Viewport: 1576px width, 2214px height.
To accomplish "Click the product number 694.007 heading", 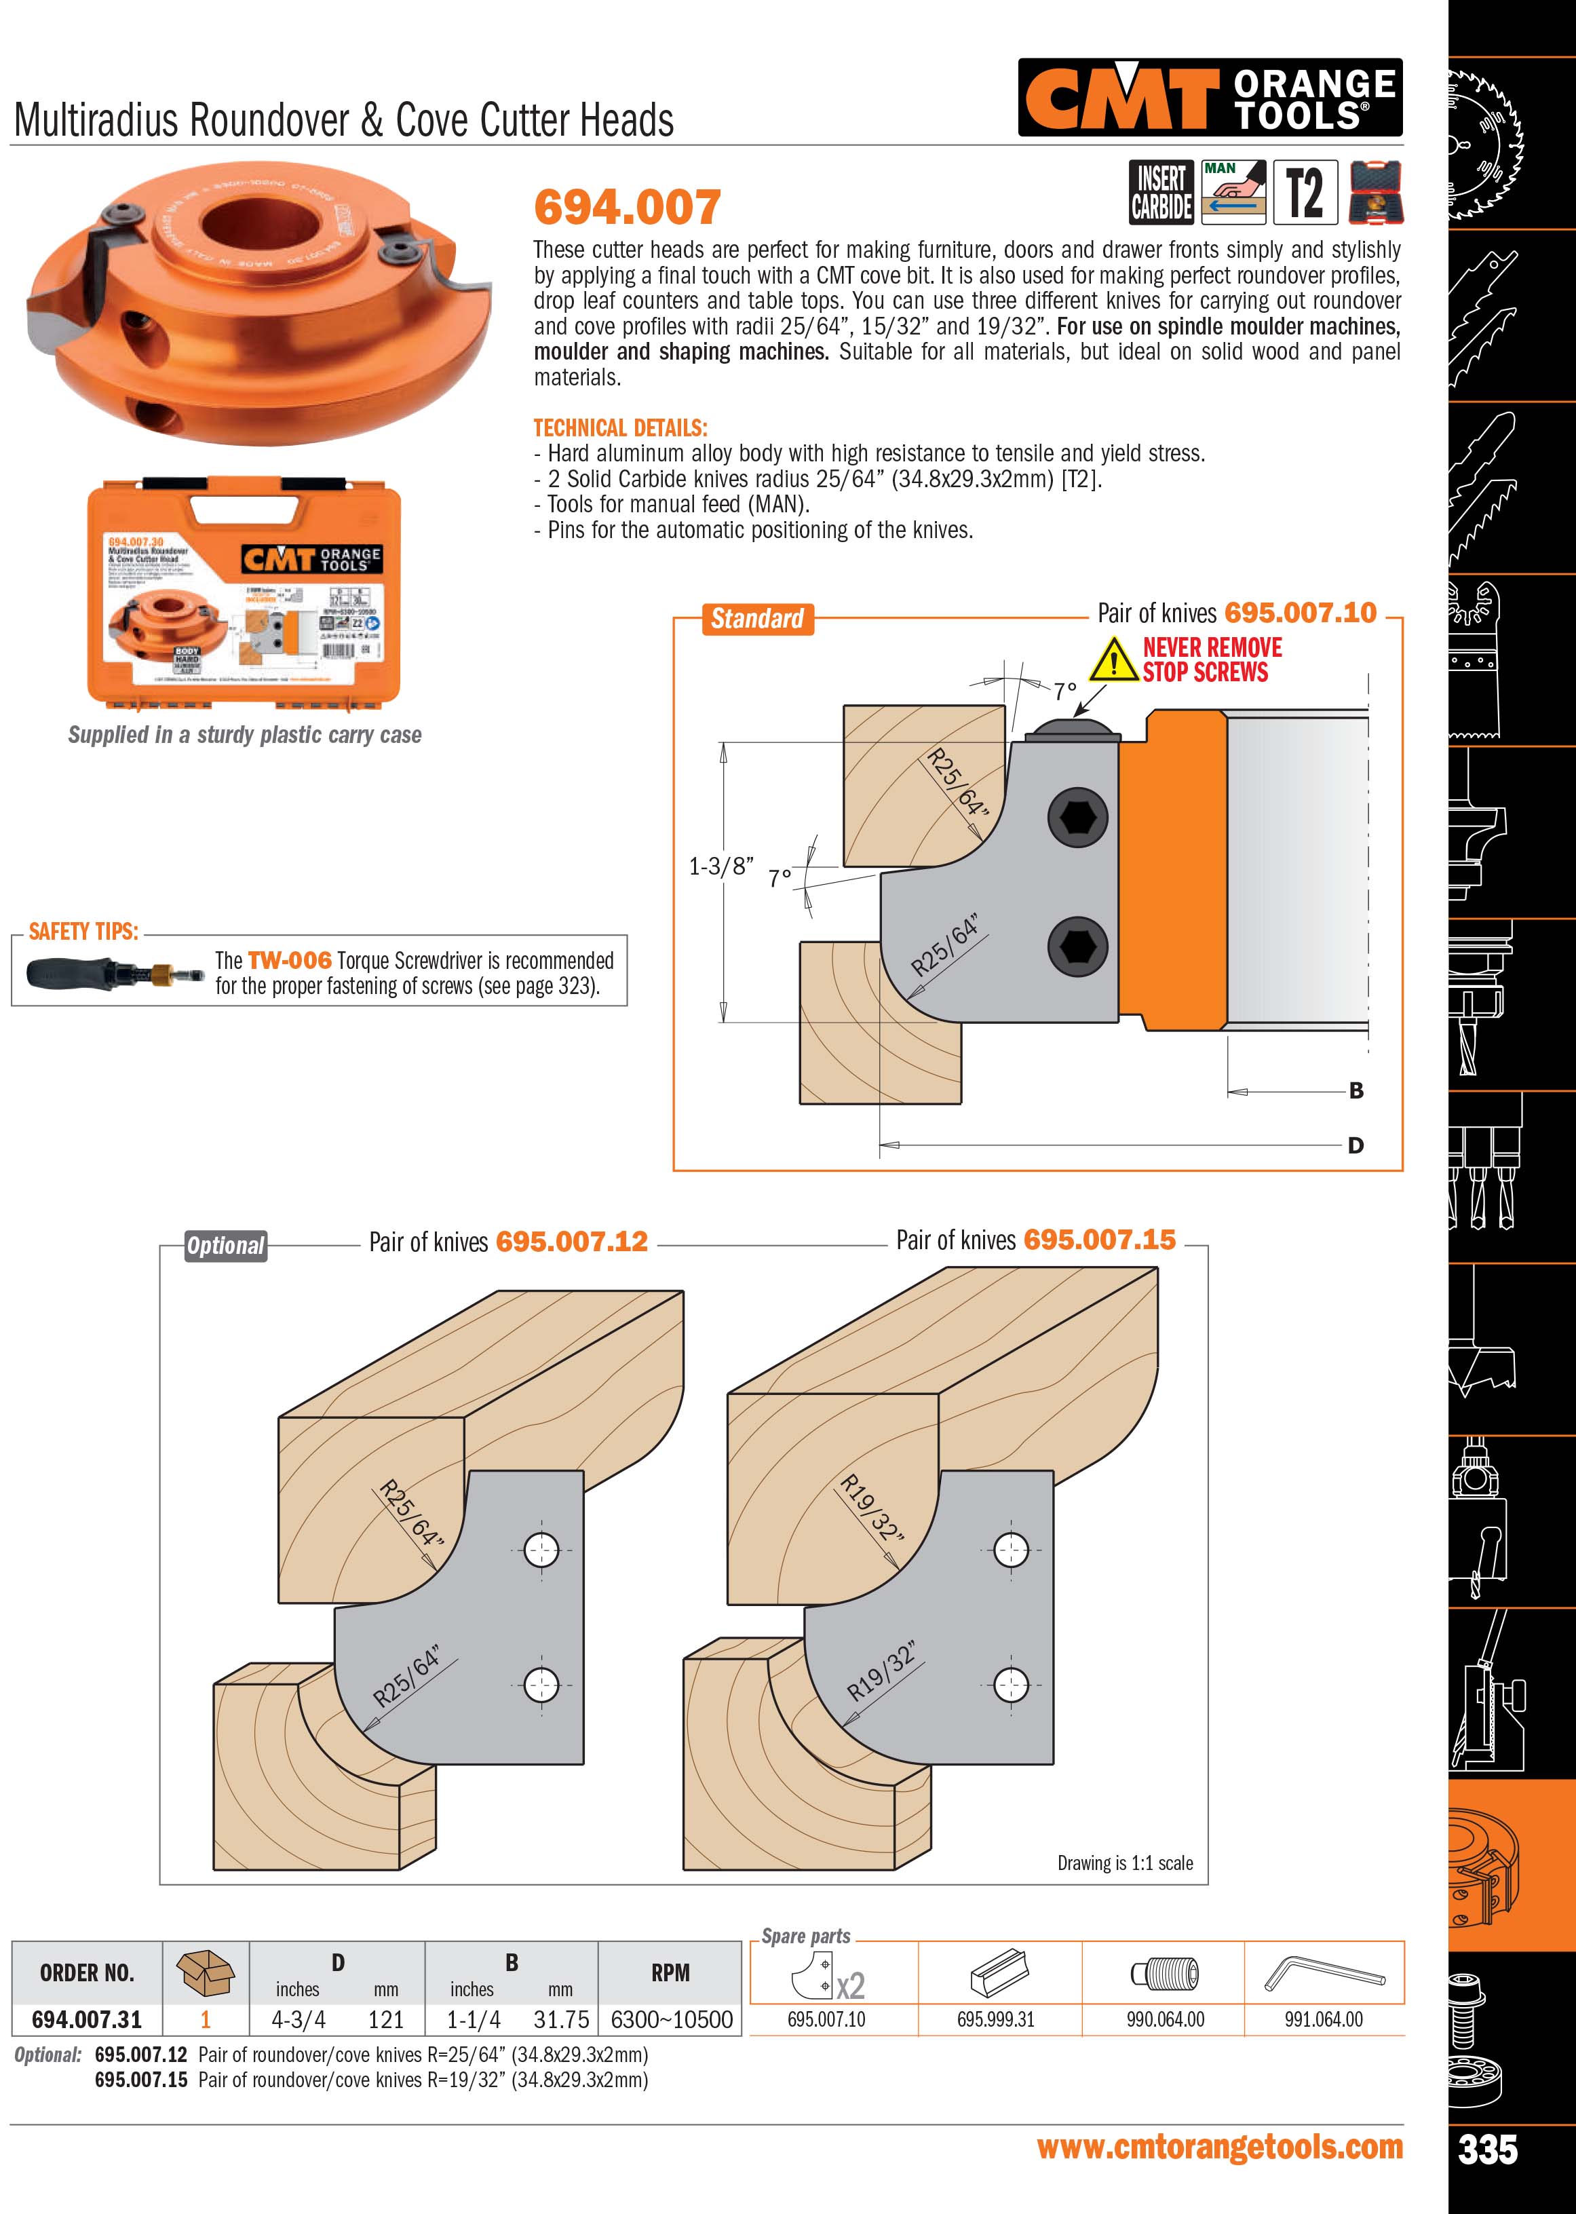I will click(627, 207).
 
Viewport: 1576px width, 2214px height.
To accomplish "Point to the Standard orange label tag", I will click(757, 618).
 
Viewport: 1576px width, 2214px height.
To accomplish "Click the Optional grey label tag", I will click(225, 1245).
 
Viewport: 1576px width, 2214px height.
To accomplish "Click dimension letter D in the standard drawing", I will click(1356, 1145).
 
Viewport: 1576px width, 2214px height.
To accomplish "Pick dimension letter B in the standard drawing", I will click(1356, 1091).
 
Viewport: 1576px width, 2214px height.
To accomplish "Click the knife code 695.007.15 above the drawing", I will click(1100, 1240).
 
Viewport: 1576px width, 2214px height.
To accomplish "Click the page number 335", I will click(1488, 2149).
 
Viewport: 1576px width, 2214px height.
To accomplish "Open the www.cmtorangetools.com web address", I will click(1220, 2147).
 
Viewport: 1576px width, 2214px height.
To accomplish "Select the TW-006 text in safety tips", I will click(289, 960).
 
